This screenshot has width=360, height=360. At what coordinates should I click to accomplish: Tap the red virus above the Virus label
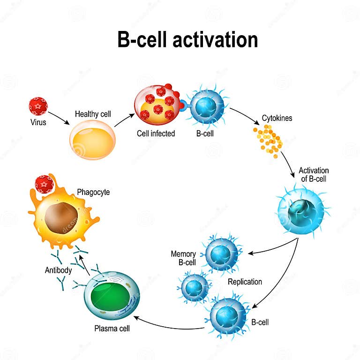point(38,106)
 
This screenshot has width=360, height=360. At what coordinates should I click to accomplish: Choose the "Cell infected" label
point(156,134)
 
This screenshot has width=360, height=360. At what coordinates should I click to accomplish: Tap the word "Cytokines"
point(277,118)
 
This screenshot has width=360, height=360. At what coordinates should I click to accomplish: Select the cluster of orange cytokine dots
point(269,139)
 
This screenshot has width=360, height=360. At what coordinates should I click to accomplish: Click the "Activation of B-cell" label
point(314,174)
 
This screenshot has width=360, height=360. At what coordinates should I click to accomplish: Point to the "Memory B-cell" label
point(183,258)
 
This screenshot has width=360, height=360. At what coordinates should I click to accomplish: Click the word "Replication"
point(245,282)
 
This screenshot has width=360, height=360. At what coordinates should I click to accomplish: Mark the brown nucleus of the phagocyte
point(61,217)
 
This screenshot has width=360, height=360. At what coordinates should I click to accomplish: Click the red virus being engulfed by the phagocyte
point(44,184)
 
